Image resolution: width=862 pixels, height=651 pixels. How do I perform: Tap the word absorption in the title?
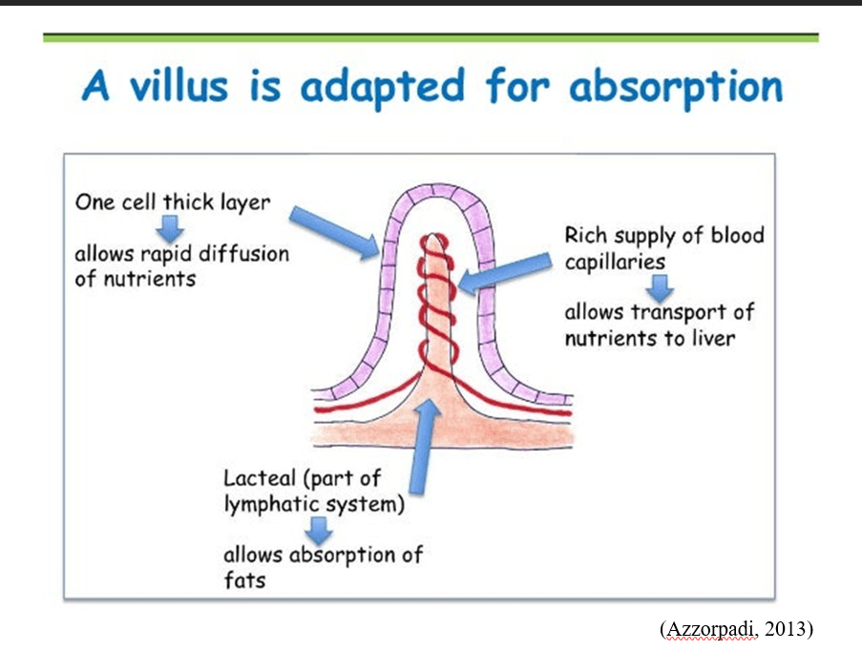coord(676,88)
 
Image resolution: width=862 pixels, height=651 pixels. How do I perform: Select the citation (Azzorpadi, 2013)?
coord(736,628)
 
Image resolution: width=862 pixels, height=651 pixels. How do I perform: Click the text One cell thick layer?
coord(173,202)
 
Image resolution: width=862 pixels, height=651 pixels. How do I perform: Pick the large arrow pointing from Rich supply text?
coord(506,267)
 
